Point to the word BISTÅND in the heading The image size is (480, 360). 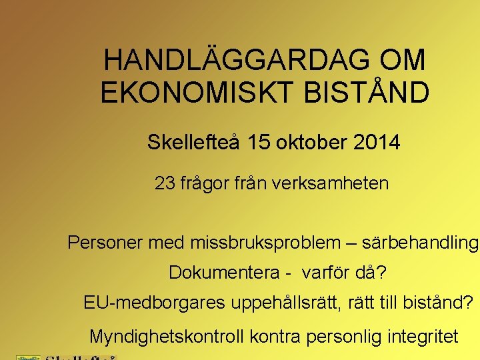366,93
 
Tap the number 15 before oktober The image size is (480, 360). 257,143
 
